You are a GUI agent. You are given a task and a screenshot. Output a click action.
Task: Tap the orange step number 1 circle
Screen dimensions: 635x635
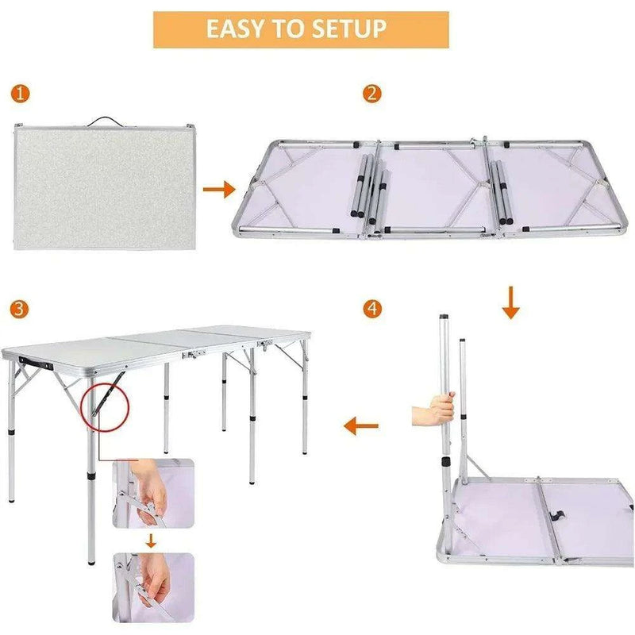coord(21,94)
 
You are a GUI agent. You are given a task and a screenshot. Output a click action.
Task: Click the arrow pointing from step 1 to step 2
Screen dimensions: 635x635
coord(219,190)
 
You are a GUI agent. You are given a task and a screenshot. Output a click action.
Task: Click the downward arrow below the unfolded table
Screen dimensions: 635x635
coord(511,303)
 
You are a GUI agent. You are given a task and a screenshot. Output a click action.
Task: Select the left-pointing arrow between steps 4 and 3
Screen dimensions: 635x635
coord(360,427)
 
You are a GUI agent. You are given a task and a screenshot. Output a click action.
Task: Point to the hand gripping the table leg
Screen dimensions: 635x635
coord(433,414)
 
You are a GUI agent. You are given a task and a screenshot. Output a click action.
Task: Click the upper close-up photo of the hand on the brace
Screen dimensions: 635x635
coord(152,492)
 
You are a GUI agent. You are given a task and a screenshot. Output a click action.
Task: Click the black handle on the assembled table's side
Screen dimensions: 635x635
coord(37,360)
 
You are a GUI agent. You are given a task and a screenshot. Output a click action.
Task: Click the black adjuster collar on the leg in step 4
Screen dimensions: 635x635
coord(446,462)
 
